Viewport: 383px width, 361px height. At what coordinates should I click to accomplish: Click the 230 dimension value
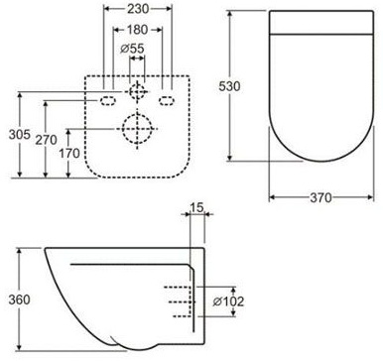click(x=138, y=9)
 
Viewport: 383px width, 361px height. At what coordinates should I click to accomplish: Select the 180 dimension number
click(x=137, y=30)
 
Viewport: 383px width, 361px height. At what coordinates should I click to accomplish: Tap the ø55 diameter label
click(x=132, y=49)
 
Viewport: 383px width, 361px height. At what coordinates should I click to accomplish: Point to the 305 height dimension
click(x=19, y=135)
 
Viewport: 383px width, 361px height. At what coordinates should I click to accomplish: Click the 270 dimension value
click(x=46, y=140)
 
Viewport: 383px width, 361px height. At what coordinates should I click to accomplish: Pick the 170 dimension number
click(x=69, y=153)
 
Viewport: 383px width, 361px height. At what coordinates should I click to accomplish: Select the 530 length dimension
click(x=229, y=86)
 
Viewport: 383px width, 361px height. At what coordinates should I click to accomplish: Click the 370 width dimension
click(x=320, y=197)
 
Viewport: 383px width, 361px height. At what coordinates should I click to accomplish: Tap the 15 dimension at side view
click(x=196, y=207)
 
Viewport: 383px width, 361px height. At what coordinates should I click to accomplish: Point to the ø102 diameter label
click(x=228, y=301)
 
